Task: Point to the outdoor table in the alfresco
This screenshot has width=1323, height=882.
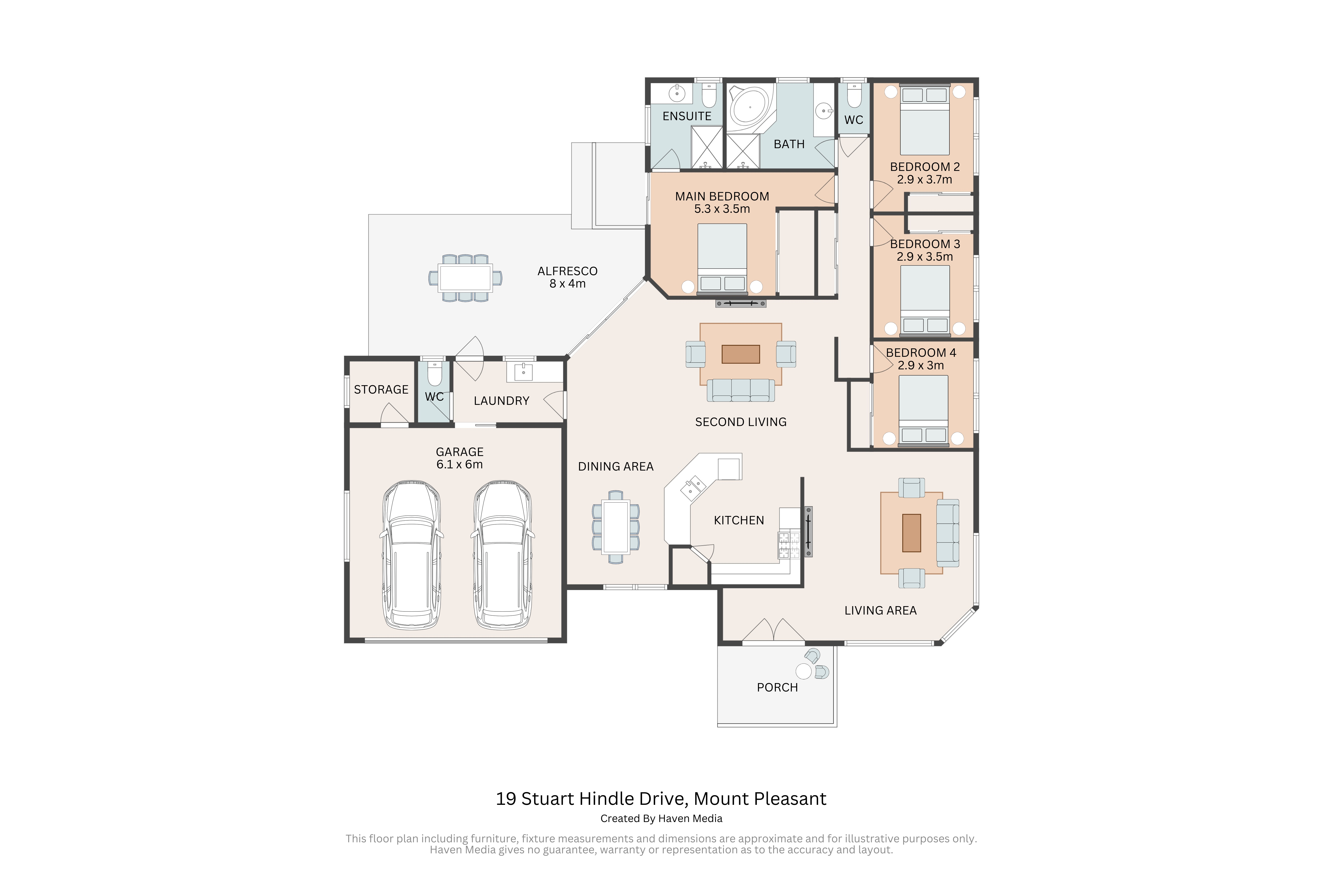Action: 465,278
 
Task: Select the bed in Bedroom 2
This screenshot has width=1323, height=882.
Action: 925,119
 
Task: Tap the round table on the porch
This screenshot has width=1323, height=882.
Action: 804,671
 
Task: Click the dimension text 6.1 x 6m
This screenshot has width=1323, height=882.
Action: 460,465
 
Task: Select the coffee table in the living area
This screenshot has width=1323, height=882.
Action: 911,533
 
